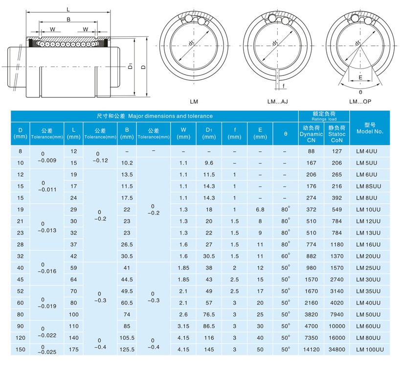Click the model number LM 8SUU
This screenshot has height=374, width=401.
(369, 187)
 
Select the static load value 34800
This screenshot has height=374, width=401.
(337, 350)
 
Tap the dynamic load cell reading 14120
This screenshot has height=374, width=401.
(311, 350)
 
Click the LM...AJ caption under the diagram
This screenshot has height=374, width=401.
(277, 102)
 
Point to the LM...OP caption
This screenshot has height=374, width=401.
(360, 102)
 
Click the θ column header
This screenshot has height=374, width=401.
(286, 134)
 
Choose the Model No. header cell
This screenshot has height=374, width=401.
(370, 128)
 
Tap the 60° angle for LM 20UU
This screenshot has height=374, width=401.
(286, 256)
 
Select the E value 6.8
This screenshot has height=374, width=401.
(260, 210)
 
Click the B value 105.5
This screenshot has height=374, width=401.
(127, 338)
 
